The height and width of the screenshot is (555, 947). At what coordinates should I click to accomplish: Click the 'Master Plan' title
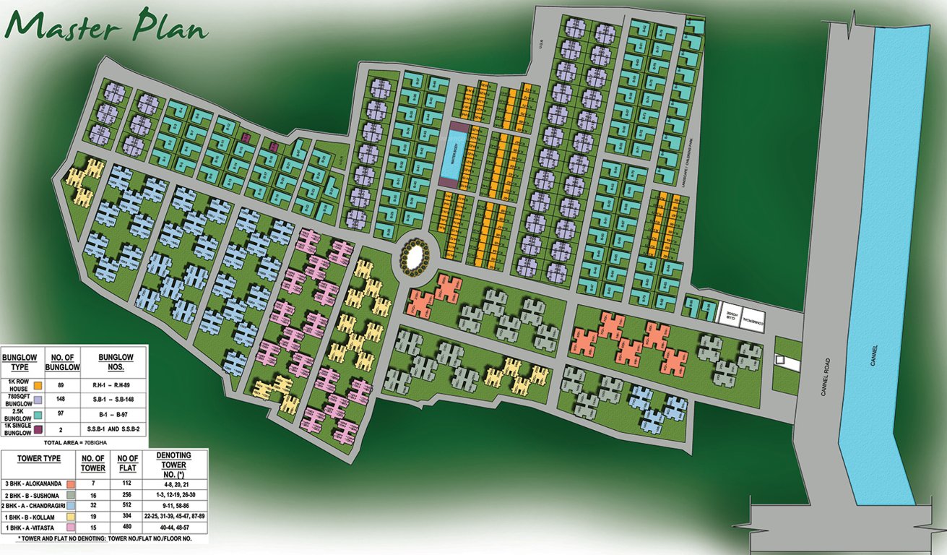(107, 27)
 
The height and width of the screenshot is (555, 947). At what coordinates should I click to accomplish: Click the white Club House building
(725, 313)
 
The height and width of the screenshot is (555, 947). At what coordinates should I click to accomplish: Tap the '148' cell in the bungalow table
(62, 398)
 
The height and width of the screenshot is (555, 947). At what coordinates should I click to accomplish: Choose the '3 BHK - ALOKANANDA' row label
(32, 483)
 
